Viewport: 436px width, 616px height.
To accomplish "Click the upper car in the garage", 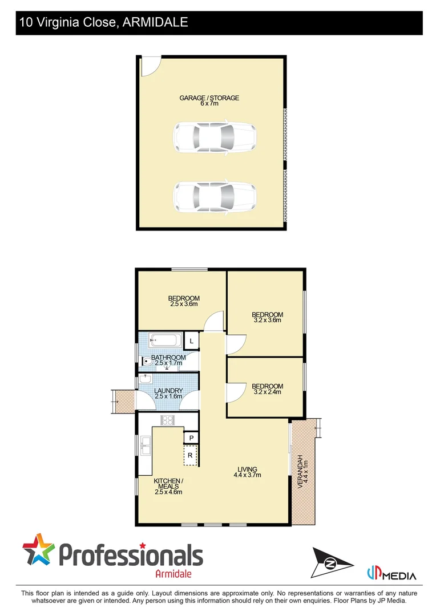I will (214, 137).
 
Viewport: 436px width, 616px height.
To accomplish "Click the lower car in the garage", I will (214, 197).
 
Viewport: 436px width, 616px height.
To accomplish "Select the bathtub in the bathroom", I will (164, 341).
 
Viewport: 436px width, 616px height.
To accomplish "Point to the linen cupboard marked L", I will (191, 341).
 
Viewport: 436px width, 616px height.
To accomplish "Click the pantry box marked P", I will (191, 437).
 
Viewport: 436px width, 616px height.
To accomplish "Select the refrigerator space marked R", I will (191, 455).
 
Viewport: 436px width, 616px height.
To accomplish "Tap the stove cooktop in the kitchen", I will (168, 421).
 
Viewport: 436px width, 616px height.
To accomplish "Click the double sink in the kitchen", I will (145, 444).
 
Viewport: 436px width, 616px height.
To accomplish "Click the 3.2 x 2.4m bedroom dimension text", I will (267, 392).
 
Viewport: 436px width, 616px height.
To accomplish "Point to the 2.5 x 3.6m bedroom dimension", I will (183, 304).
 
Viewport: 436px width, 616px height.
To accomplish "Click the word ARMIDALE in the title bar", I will (156, 22).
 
